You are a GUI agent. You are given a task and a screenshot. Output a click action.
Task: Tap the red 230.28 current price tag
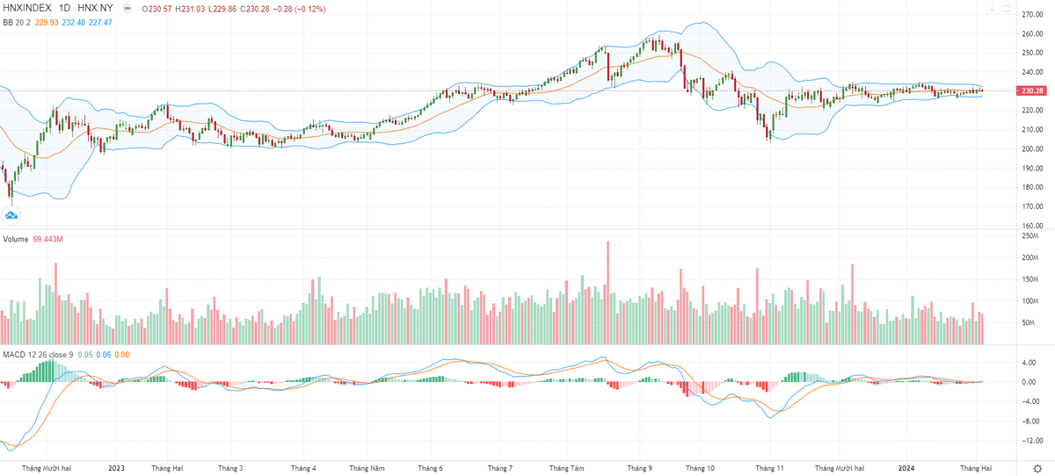[x=1030, y=90]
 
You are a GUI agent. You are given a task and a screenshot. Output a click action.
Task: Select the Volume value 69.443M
[x=50, y=239]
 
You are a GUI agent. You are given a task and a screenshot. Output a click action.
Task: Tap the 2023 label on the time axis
[x=117, y=468]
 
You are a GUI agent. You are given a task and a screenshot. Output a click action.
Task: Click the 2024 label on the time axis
[x=908, y=468]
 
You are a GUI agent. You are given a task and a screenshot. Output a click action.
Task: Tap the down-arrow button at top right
[x=993, y=8]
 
